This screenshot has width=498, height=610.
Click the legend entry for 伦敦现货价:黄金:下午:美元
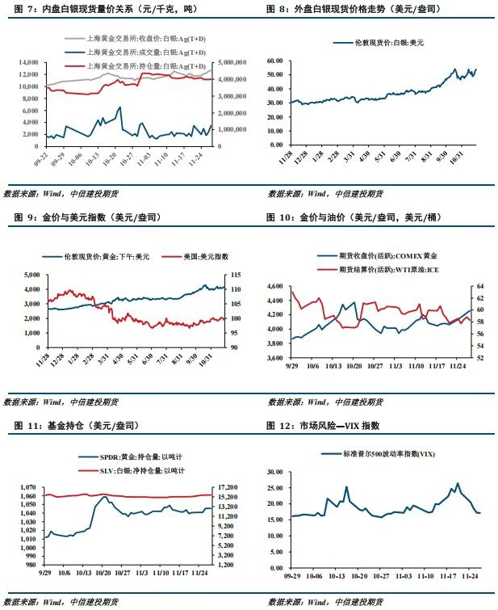click(103, 256)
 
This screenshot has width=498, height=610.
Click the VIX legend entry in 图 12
click(383, 455)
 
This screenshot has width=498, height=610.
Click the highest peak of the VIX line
click(458, 484)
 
